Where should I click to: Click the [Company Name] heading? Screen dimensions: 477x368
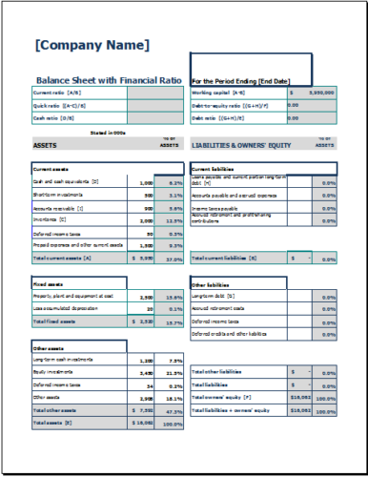point(92,45)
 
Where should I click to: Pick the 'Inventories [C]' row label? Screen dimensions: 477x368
point(51,219)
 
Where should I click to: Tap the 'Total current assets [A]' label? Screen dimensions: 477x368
point(62,258)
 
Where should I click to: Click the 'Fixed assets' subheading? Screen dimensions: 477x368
point(47,284)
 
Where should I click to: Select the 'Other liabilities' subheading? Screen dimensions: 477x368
point(211,284)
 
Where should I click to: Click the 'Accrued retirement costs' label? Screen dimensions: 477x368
point(220,309)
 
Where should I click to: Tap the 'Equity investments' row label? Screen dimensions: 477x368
point(53,373)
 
